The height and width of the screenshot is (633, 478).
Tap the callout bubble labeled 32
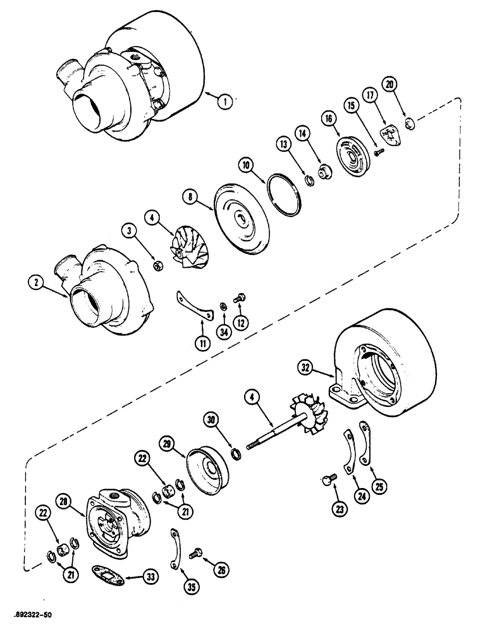305,366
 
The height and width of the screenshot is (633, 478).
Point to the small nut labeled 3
159,261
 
